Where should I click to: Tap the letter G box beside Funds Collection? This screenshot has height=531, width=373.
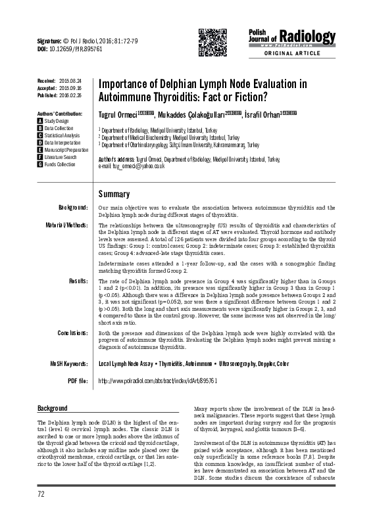(x=39, y=164)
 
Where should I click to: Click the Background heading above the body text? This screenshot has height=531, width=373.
(x=53, y=408)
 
